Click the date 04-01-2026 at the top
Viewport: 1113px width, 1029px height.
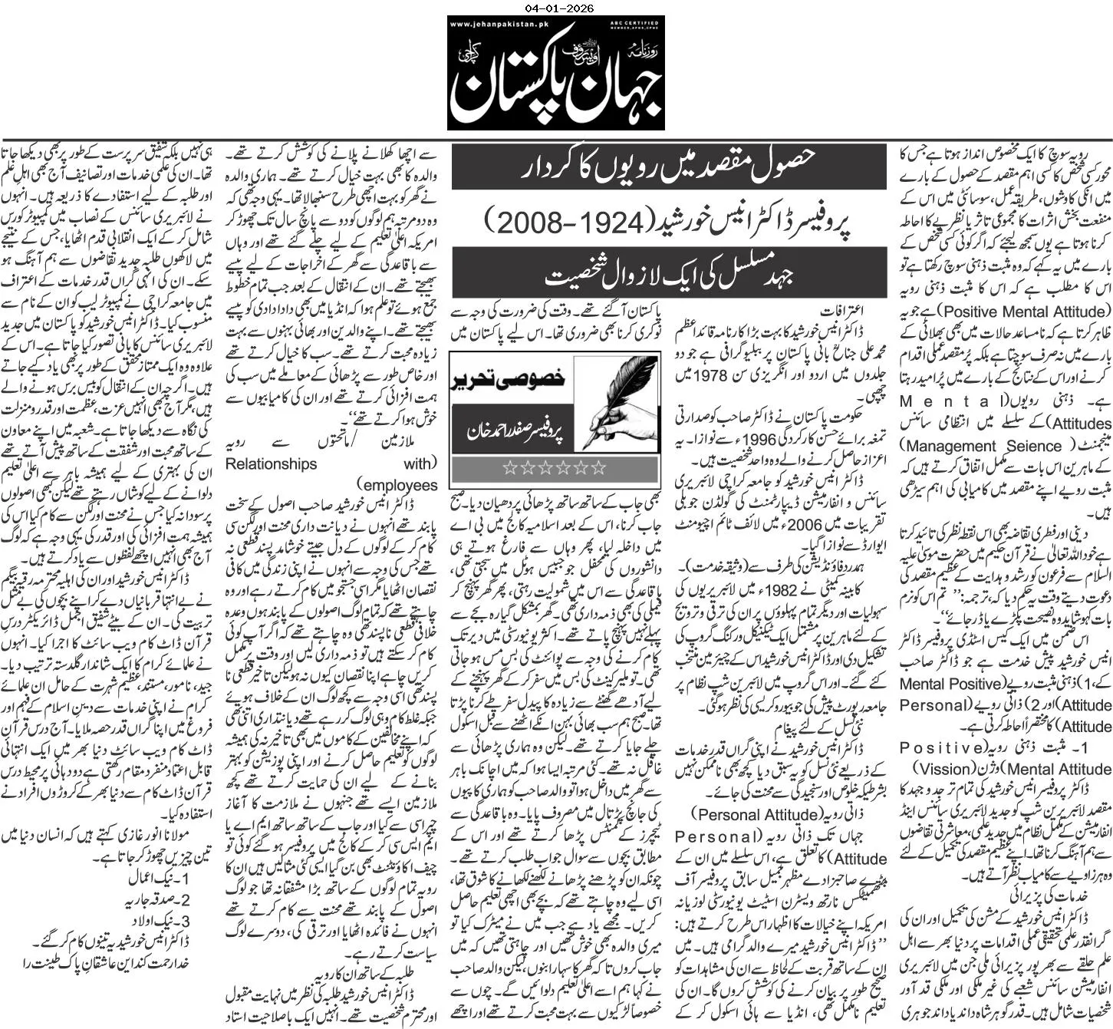point(556,8)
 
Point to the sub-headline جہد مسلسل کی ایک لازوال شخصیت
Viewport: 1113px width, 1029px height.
point(668,275)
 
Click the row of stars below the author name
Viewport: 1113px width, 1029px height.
point(555,468)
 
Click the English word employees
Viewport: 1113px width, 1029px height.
point(399,485)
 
